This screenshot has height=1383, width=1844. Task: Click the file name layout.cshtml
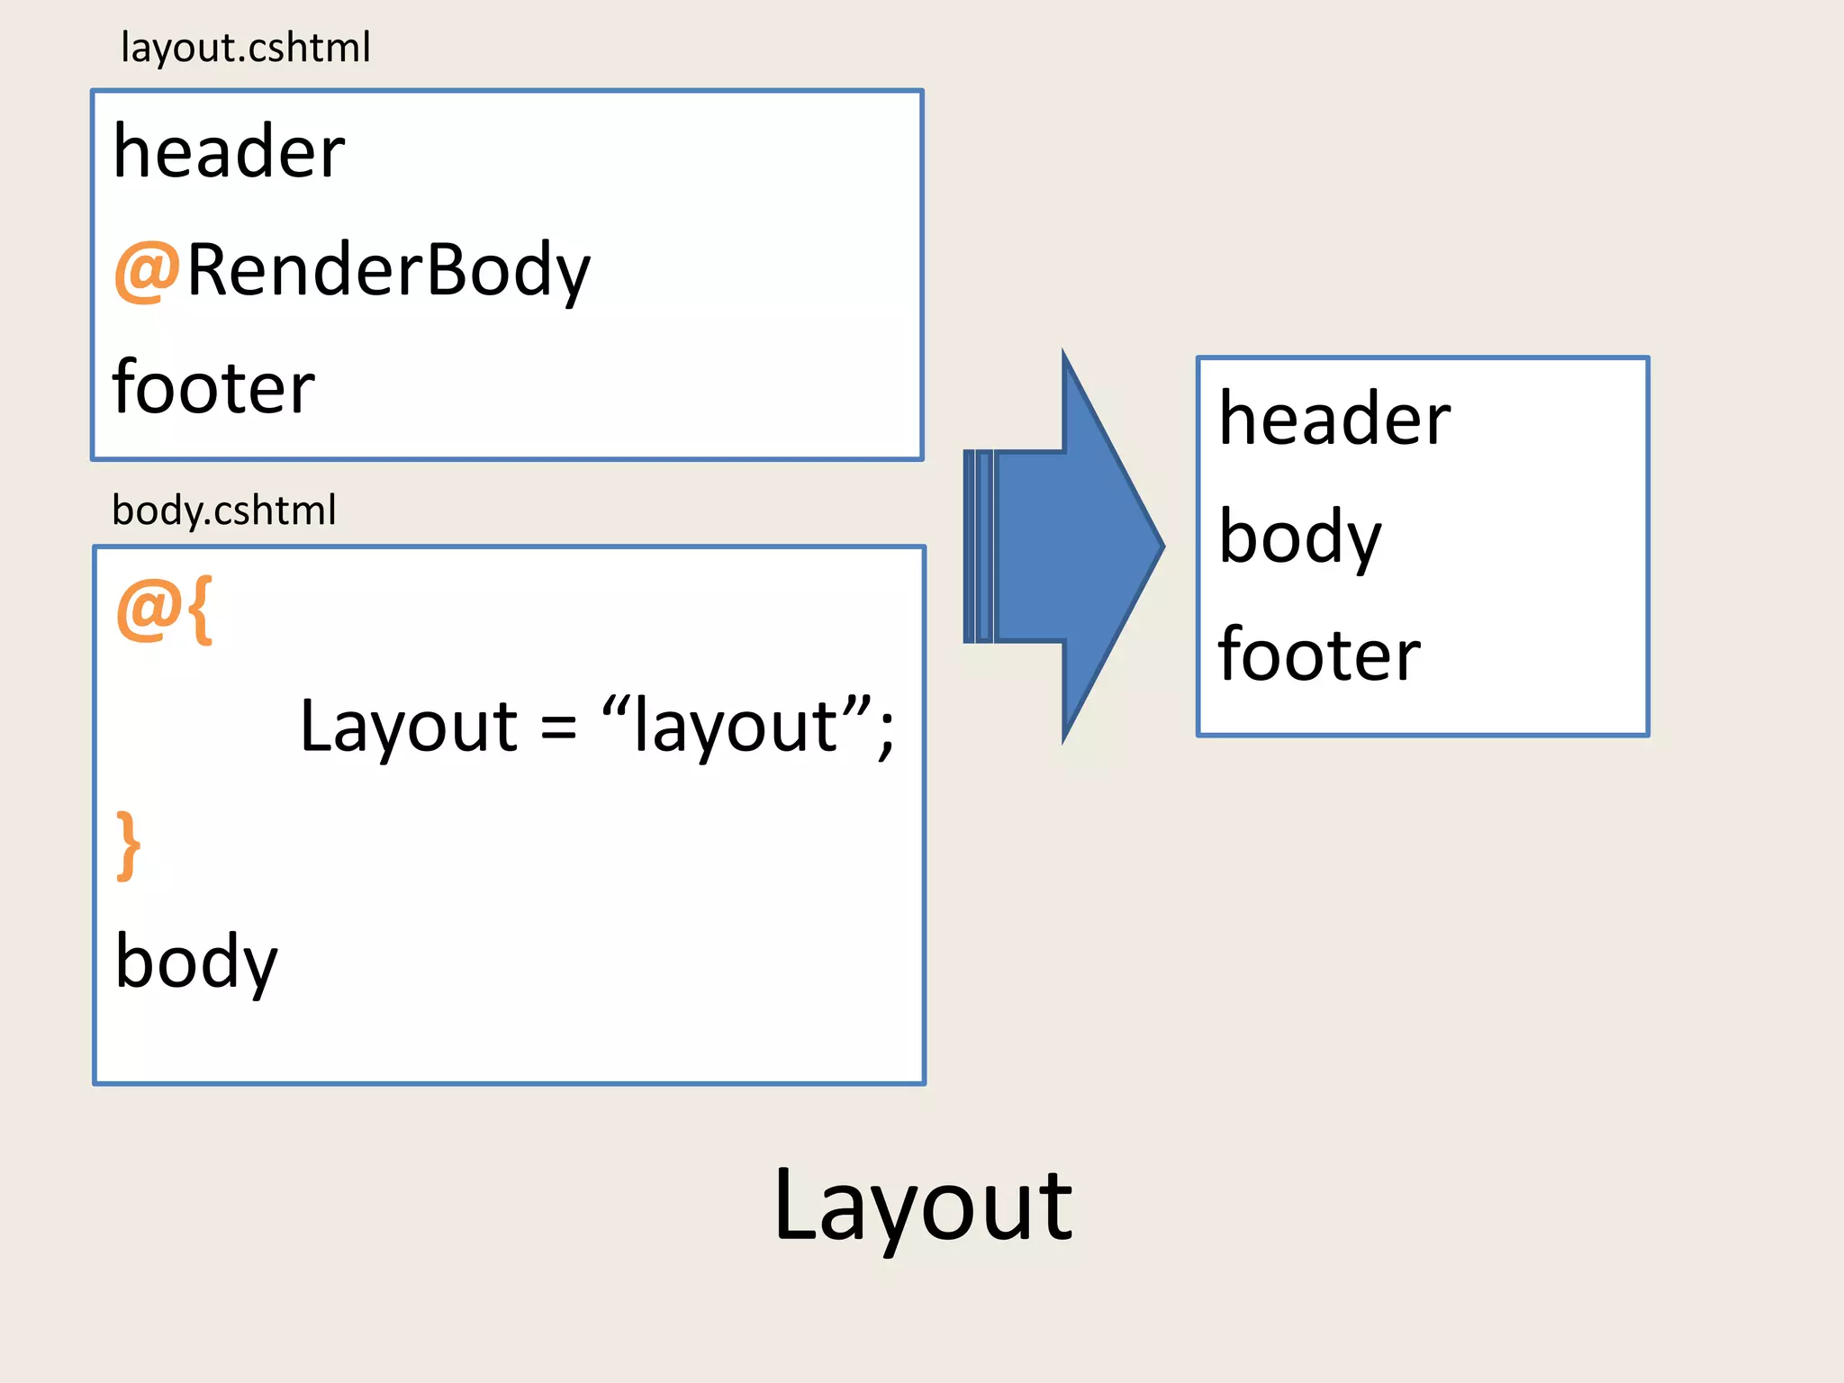[245, 48]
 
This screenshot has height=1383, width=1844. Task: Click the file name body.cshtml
[223, 511]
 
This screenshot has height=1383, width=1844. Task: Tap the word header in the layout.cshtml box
[229, 152]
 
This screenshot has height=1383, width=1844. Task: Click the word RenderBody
[388, 270]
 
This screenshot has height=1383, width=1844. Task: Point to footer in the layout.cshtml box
[213, 387]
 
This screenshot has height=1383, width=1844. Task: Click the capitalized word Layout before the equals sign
[408, 727]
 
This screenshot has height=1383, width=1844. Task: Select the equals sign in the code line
[558, 728]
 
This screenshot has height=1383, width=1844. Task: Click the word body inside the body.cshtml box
[195, 962]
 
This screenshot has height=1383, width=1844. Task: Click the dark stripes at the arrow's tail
[978, 546]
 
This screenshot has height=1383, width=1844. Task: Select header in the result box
[1333, 420]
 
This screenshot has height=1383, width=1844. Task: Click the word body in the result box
[1298, 537]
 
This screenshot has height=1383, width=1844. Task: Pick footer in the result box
[1319, 655]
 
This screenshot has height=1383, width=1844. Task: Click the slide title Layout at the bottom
[922, 1207]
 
